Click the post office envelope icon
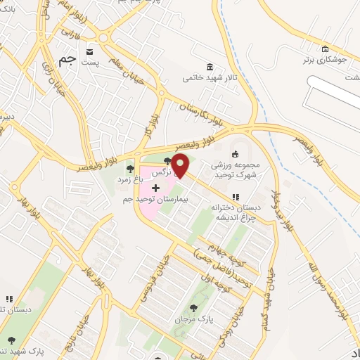click(89, 51)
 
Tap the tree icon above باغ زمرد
click(129, 168)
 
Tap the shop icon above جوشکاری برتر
click(324, 49)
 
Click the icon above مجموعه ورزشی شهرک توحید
click(235, 155)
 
